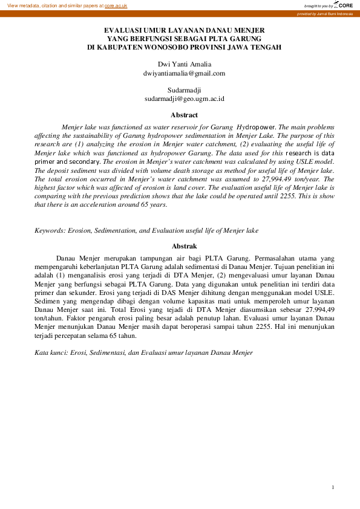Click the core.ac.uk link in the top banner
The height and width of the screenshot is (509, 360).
coord(116,5)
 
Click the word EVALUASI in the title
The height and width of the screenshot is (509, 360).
coord(125,30)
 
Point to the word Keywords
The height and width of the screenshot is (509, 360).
coord(49,230)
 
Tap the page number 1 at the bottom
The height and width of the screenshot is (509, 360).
coord(333,487)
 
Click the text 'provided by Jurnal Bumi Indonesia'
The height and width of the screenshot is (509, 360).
coord(325,13)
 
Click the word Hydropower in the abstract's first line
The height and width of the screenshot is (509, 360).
coord(257,128)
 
